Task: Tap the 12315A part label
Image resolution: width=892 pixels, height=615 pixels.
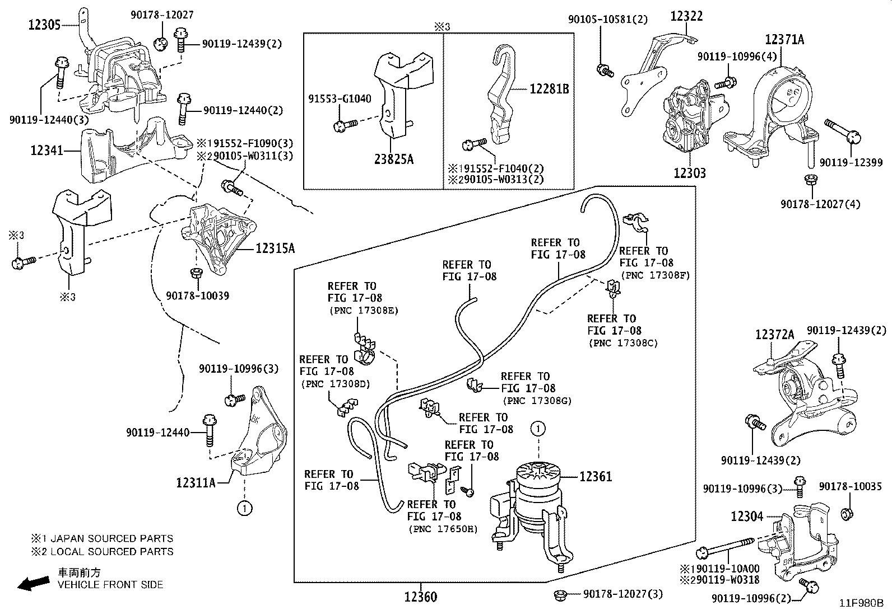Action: point(275,248)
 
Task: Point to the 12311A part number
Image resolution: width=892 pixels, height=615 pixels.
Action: point(196,482)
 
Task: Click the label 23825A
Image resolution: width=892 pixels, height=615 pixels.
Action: point(393,159)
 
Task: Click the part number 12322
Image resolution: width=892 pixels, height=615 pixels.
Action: point(686,16)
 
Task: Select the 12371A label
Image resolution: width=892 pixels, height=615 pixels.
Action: point(784,39)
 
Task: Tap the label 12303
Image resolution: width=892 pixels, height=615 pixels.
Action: point(690,173)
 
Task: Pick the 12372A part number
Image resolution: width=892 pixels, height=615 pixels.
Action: point(775,334)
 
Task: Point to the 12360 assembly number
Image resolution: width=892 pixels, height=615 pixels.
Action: point(420,597)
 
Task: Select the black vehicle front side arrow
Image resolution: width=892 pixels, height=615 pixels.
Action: point(32,584)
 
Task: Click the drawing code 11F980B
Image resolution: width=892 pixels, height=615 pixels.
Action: point(861,603)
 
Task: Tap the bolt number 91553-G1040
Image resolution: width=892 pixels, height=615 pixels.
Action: point(340,99)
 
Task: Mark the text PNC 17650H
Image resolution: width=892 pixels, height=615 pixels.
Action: point(443,529)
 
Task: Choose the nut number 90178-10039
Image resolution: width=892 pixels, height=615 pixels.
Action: point(197,295)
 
